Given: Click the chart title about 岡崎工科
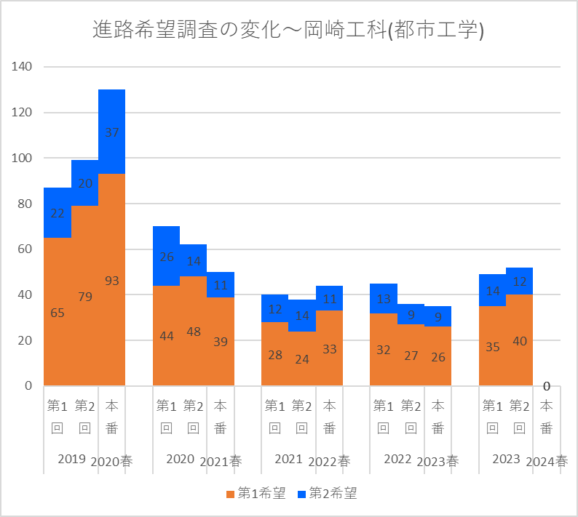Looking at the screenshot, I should (x=288, y=30).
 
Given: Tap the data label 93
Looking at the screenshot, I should (x=111, y=280).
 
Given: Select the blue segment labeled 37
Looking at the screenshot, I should (x=111, y=132).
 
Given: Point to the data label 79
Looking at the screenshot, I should (x=84, y=297).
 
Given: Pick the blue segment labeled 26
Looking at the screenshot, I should (x=166, y=256).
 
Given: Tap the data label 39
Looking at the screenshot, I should (x=220, y=342).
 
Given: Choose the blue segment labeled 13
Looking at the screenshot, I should (x=384, y=298).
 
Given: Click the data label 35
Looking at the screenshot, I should (x=492, y=347).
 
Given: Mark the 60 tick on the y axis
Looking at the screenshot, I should (x=25, y=249).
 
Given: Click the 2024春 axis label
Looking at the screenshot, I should (x=547, y=461).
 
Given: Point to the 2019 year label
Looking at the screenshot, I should (x=71, y=460).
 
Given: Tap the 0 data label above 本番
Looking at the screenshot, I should (x=547, y=385).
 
